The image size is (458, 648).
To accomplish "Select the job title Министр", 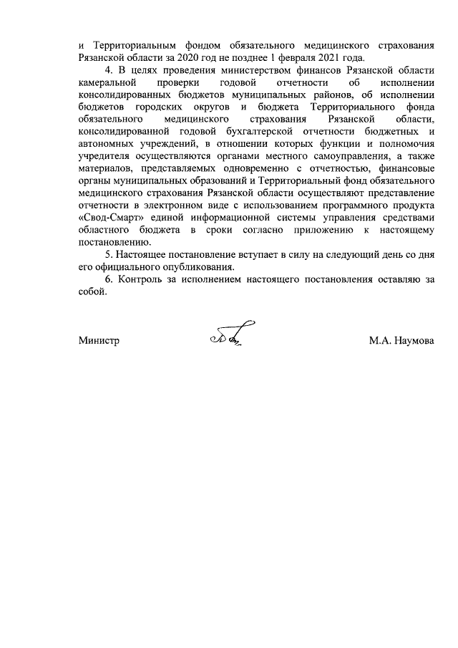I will (x=98, y=342).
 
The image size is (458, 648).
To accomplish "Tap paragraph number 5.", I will (x=109, y=255).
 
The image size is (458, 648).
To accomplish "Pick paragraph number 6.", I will (x=109, y=280).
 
